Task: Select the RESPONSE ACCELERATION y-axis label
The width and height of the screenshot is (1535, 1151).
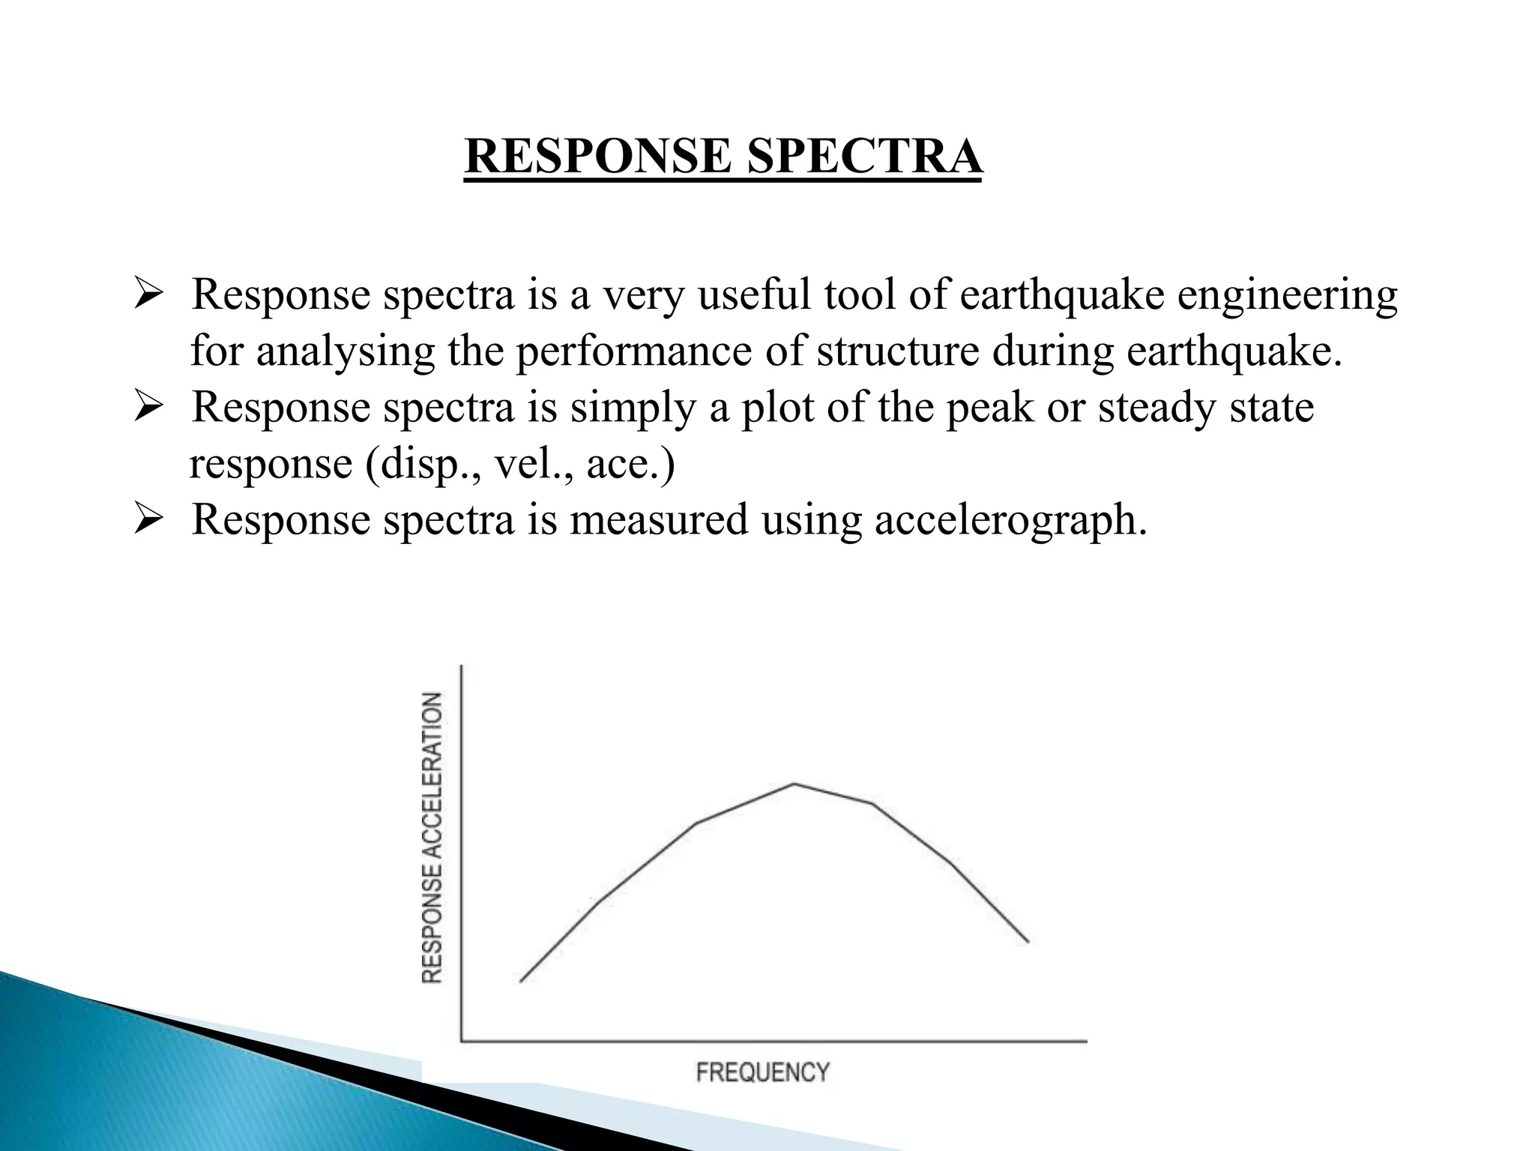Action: (432, 838)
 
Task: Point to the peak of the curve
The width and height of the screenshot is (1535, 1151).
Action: (794, 784)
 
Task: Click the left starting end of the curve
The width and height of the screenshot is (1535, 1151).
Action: (521, 981)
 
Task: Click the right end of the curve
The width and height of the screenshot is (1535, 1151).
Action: (1028, 942)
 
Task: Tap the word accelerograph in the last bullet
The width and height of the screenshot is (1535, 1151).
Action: (1010, 520)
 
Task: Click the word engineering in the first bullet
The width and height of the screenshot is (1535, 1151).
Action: (1287, 295)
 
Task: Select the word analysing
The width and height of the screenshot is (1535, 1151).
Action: (346, 351)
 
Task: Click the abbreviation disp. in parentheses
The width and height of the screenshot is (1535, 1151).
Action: (423, 464)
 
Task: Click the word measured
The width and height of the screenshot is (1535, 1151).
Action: (659, 519)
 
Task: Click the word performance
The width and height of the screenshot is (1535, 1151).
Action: (633, 351)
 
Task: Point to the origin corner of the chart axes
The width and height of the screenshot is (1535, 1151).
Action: (461, 1040)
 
